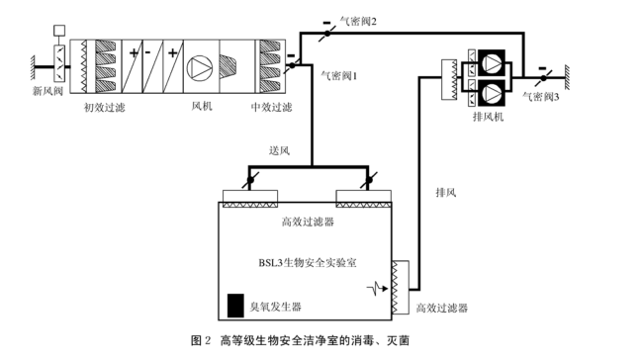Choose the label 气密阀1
339,74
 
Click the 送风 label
279,150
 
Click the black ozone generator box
235,305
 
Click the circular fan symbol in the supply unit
201,66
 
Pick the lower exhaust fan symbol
491,91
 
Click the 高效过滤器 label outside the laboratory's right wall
442,309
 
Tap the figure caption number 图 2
201,341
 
